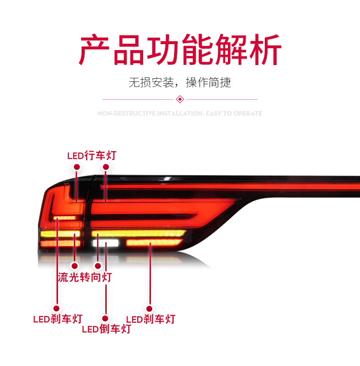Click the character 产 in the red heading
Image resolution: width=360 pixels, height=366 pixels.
coord(95,50)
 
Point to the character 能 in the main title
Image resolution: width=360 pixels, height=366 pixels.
coord(198,50)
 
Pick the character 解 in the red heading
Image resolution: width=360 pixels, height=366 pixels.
coord(231,50)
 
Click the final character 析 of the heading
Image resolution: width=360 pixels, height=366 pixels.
coord(265,50)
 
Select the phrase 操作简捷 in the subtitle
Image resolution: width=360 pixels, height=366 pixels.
coord(209,82)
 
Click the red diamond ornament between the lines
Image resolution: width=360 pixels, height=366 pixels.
coord(180,99)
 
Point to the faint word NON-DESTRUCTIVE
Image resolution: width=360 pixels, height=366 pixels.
coord(127,113)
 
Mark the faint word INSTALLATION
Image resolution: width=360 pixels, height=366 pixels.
coord(180,113)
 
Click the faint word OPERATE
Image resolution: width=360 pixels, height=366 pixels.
coord(247,113)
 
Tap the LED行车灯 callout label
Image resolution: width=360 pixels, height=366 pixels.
coord(92,156)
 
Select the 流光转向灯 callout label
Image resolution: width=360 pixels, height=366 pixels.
coord(85,277)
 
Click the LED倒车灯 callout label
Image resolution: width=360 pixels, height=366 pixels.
coord(106,329)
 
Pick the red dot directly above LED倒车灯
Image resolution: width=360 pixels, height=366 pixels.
coord(105,318)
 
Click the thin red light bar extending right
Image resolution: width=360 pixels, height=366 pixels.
coord(228,186)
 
